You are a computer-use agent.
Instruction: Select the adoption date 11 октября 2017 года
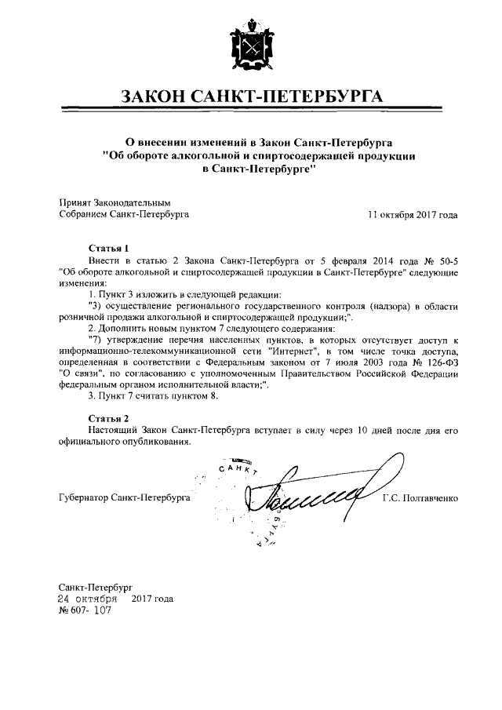click(x=413, y=213)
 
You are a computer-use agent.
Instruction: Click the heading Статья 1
click(x=108, y=246)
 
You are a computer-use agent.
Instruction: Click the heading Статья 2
click(x=108, y=418)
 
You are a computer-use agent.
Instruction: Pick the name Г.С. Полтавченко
click(x=420, y=497)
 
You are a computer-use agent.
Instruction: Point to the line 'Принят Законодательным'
click(x=114, y=202)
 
